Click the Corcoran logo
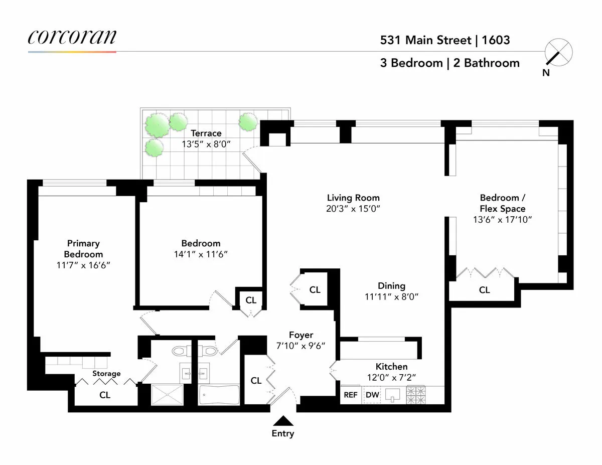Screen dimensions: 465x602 72,38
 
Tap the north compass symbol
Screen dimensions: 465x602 558,53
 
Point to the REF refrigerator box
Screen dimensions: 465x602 351,395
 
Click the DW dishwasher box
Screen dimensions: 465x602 372,395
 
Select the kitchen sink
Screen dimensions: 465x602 393,395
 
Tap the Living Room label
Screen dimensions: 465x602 353,198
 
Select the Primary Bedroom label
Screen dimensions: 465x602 83,248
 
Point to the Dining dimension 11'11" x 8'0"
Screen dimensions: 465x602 391,296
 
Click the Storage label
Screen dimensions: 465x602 106,373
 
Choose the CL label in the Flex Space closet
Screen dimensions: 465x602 484,290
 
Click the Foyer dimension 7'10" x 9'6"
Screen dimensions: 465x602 300,346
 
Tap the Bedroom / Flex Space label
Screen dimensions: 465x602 502,203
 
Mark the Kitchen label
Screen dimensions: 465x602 391,367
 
